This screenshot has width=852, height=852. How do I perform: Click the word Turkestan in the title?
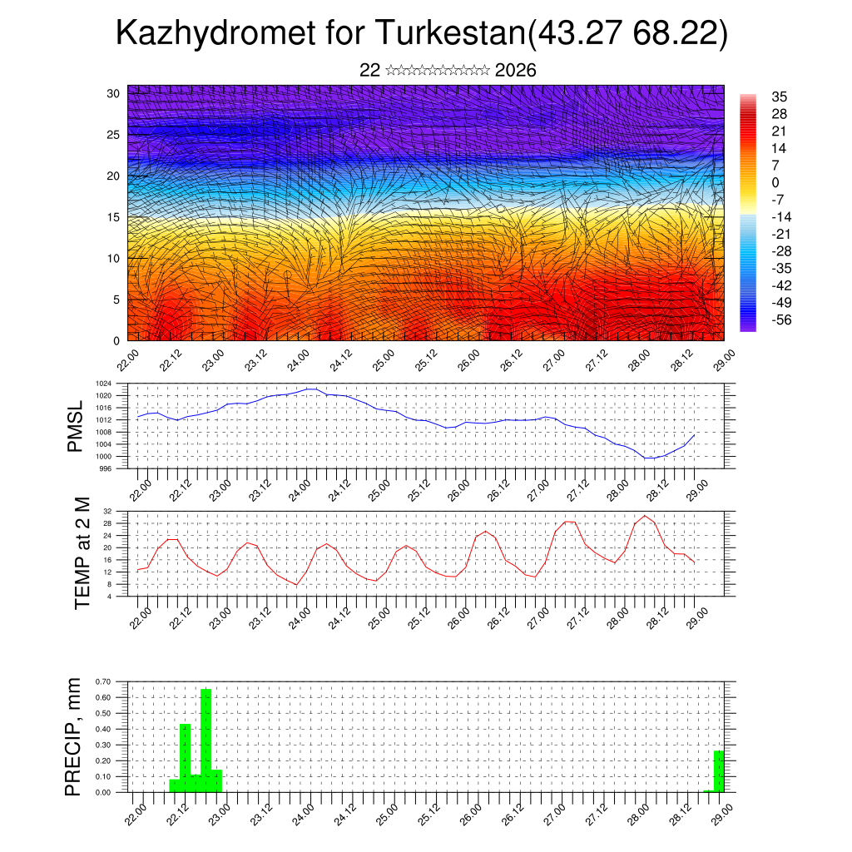450,34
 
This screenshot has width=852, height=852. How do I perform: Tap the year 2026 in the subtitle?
515,70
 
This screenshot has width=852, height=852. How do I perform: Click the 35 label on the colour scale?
780,97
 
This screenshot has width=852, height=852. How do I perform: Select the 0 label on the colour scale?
775,182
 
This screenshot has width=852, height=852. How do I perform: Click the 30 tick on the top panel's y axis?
113,93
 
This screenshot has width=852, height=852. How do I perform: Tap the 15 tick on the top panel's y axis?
113,217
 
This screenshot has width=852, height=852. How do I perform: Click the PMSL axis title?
76,428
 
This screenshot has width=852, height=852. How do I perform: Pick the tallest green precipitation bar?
206,740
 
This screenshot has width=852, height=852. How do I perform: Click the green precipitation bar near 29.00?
719,770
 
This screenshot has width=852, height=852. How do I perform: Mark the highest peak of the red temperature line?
645,516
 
